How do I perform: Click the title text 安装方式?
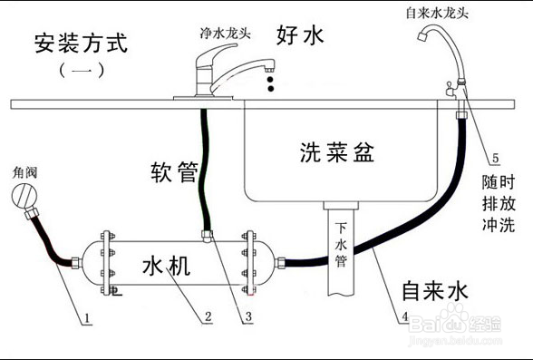click(79, 43)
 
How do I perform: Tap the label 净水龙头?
click(225, 32)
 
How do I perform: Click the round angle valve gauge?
click(20, 197)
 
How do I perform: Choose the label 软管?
click(174, 170)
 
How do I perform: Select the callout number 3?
click(249, 317)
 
